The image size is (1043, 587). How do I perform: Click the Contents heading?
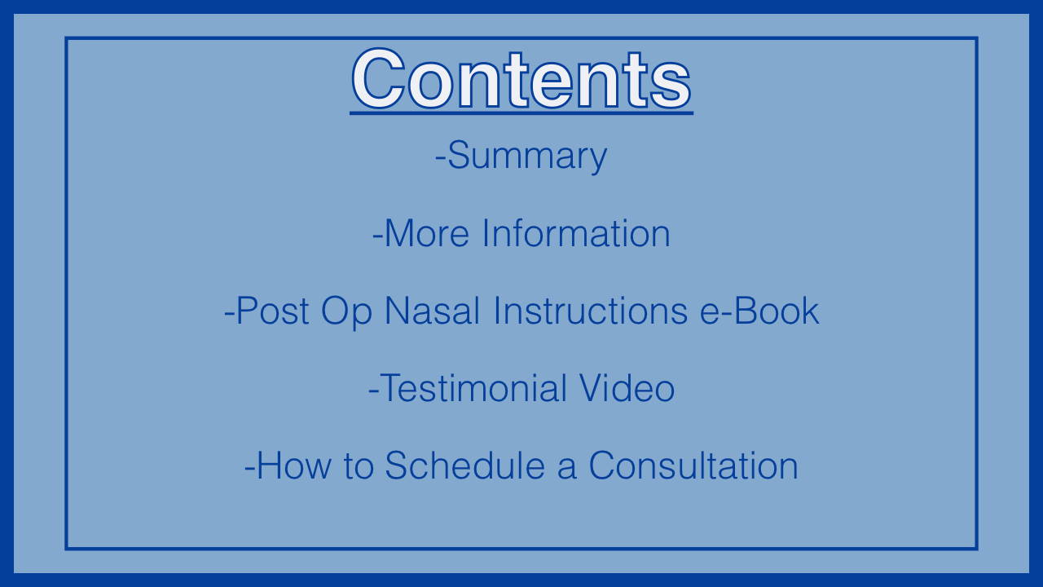pyautogui.click(x=521, y=79)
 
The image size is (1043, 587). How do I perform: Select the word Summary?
pyautogui.click(x=527, y=157)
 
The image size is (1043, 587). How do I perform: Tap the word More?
pyautogui.click(x=427, y=233)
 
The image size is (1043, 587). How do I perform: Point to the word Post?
pyautogui.click(x=272, y=311)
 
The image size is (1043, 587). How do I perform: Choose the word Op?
pyautogui.click(x=346, y=311)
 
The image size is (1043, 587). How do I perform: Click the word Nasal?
pyautogui.click(x=432, y=311)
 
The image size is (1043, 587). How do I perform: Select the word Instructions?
pyautogui.click(x=590, y=311)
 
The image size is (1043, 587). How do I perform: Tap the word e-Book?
pyautogui.click(x=759, y=311)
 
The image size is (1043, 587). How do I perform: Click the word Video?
pyautogui.click(x=627, y=387)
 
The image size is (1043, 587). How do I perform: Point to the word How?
pyautogui.click(x=294, y=466)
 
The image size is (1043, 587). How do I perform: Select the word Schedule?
pyautogui.click(x=464, y=465)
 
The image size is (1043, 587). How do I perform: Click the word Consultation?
pyautogui.click(x=693, y=465)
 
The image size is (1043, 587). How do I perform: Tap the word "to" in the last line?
pyautogui.click(x=359, y=466)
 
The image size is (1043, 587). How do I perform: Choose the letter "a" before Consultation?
pyautogui.click(x=566, y=470)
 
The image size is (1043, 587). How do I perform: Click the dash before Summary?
pyautogui.click(x=440, y=159)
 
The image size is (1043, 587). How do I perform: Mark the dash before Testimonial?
pyautogui.click(x=373, y=392)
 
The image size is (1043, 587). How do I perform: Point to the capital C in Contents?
pyautogui.click(x=378, y=79)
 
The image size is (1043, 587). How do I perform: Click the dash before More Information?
pyautogui.click(x=377, y=237)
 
